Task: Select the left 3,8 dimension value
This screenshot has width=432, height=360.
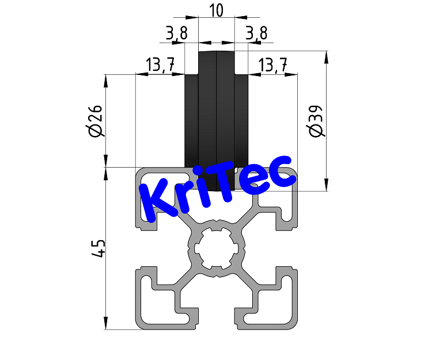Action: pos(176,34)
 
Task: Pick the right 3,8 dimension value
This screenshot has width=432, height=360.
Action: pos(256,34)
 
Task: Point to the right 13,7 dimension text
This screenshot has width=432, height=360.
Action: pos(273,65)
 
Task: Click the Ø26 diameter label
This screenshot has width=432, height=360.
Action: pos(96,122)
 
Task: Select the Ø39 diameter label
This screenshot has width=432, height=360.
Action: pos(316,122)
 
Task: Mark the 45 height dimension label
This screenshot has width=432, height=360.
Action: pos(98,249)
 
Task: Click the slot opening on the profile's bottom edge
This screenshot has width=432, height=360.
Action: pos(216,323)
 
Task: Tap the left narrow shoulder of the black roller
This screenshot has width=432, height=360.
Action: pos(191,121)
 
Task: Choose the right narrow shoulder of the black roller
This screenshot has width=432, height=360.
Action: pos(242,121)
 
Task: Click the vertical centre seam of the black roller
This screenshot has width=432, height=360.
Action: pos(217,115)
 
